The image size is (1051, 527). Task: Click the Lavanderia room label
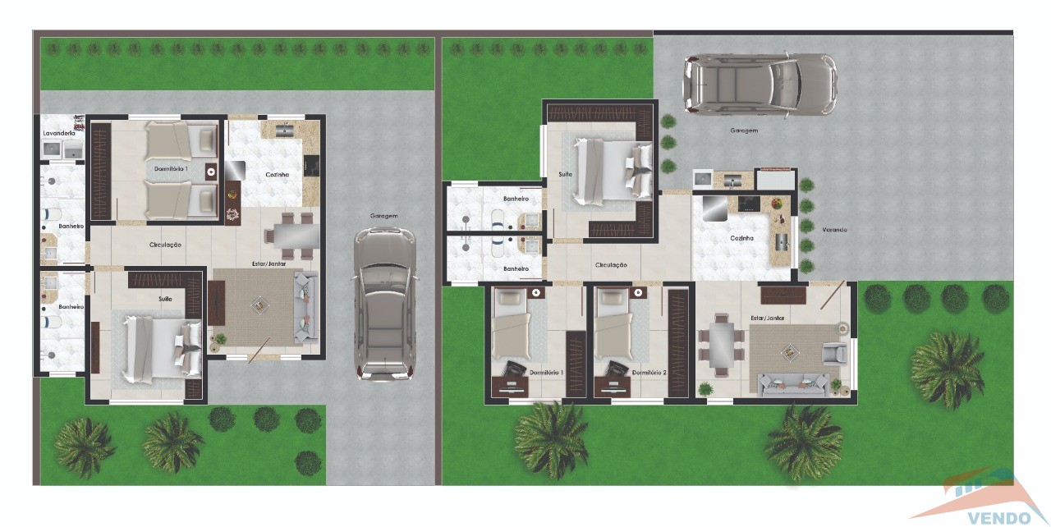(x=59, y=133)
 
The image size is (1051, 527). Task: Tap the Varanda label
(x=834, y=230)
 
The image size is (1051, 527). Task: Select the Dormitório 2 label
(x=649, y=373)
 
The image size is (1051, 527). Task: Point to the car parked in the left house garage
(x=385, y=304)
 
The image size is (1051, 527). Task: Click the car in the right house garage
(x=760, y=85)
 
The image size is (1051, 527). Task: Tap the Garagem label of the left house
(x=383, y=216)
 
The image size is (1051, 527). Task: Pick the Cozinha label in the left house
(x=278, y=175)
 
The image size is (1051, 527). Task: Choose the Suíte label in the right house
(x=566, y=174)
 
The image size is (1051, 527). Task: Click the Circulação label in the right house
(x=611, y=265)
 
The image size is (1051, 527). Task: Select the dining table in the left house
(x=296, y=236)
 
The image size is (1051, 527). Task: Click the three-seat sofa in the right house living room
(x=793, y=386)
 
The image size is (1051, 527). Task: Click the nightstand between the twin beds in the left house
(x=211, y=172)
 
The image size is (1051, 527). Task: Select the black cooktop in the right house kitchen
(x=749, y=204)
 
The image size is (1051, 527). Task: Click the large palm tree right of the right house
(x=947, y=369)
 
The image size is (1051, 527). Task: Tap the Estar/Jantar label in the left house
(x=268, y=264)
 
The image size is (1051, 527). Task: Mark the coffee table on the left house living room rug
(x=259, y=305)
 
